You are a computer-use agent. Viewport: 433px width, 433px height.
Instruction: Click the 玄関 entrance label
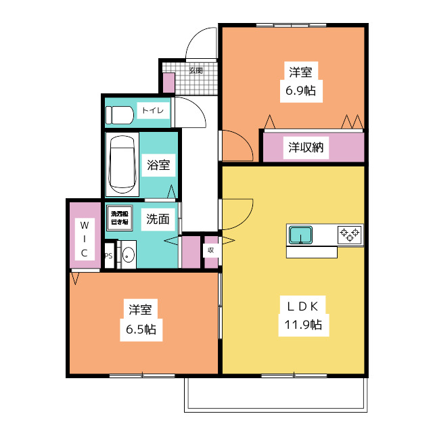coord(196,70)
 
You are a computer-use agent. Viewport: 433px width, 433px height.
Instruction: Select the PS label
coord(108,256)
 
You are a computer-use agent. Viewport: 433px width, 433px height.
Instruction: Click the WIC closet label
coord(85,238)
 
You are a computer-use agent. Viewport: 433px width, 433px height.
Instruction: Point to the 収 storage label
coord(211,250)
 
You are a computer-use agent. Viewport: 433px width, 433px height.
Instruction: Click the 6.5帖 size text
coord(141,329)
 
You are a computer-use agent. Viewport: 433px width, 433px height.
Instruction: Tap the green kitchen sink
coord(300,235)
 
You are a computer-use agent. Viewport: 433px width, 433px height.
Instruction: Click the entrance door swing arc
coord(201,43)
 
